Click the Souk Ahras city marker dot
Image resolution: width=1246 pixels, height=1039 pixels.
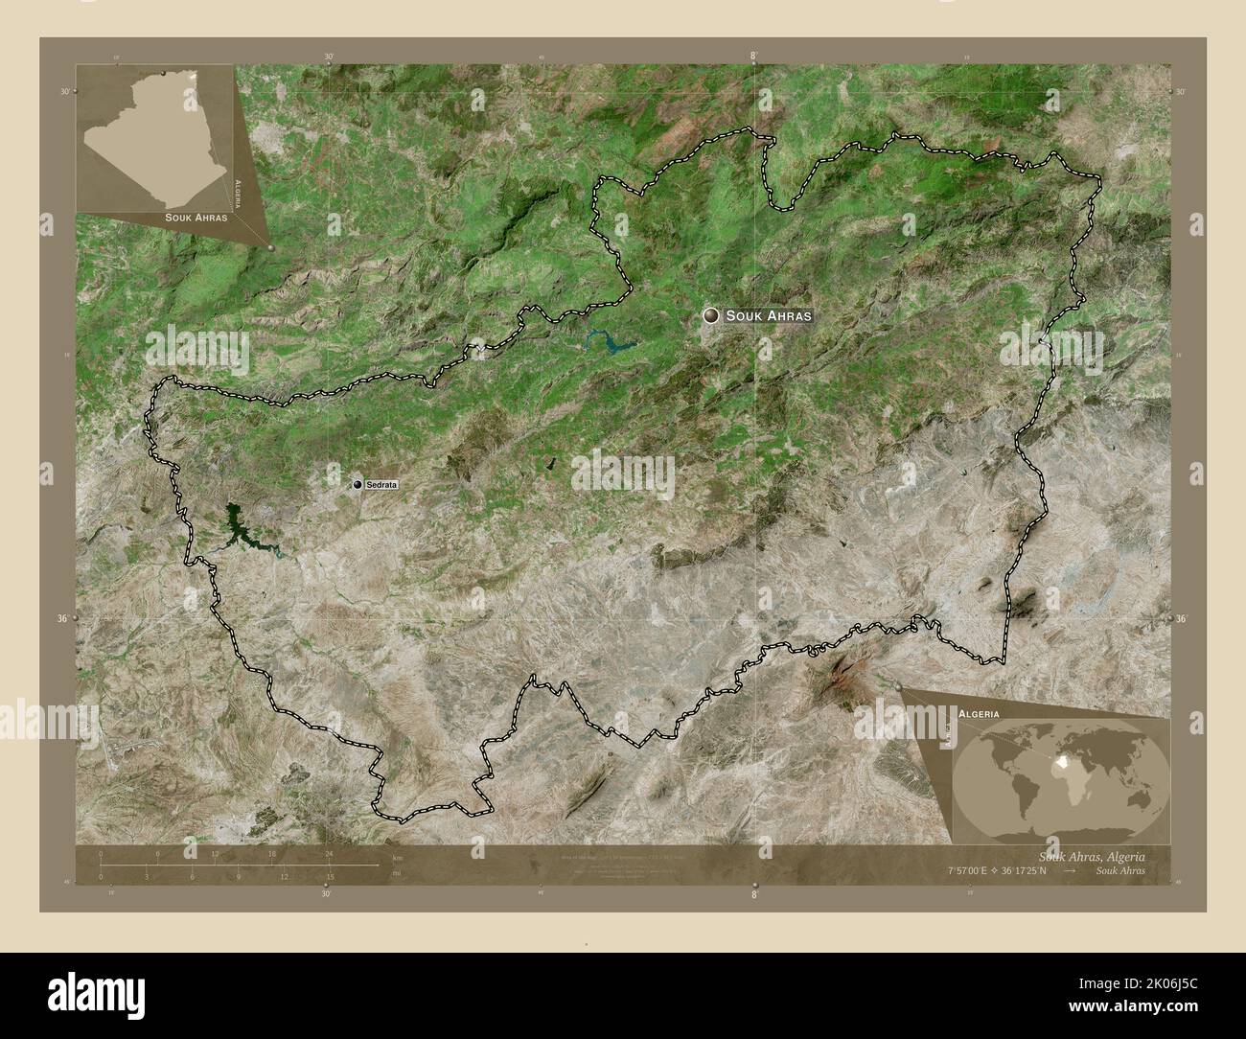tap(711, 314)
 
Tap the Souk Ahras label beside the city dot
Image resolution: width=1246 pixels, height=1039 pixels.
tap(769, 315)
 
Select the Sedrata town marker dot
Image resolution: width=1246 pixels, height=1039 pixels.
tap(358, 486)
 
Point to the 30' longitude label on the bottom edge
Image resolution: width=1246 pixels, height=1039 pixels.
tap(327, 894)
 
